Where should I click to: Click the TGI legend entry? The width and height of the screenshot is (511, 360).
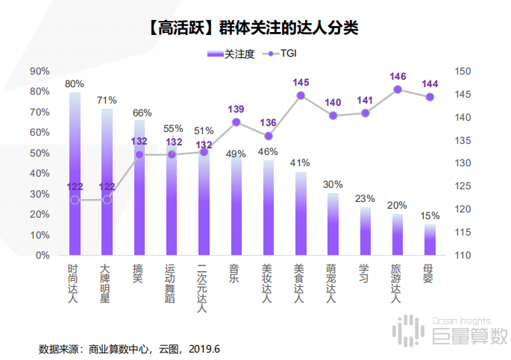point(283,54)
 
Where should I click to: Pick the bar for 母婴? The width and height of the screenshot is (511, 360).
point(430,240)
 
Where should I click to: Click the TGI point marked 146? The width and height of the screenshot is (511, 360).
point(398,89)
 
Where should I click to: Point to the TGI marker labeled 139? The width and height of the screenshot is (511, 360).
point(236,121)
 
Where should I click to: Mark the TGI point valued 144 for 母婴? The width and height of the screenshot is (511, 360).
point(430,97)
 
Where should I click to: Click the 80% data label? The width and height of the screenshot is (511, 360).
point(75,83)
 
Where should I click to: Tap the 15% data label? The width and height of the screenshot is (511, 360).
point(430,216)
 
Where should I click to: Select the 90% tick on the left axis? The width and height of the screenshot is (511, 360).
point(40,72)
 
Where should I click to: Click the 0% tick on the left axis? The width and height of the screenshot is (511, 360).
point(43,256)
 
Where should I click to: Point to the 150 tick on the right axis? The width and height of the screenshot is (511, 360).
point(463,72)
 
